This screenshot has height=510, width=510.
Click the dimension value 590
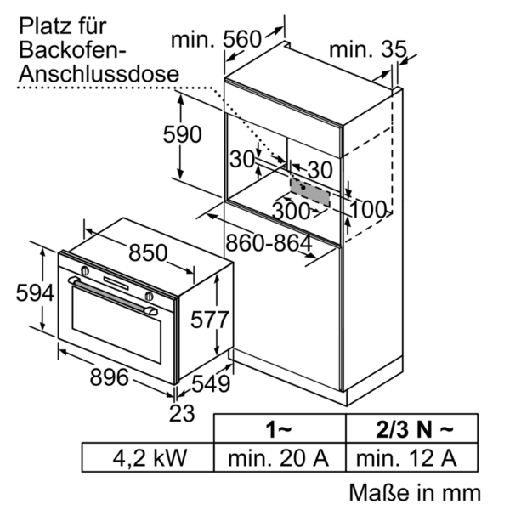[x=183, y=134]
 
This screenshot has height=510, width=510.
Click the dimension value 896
[x=109, y=377]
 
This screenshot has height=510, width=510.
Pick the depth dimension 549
[x=211, y=384]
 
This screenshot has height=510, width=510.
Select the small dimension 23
[x=183, y=414]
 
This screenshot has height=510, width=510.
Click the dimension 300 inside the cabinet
[x=292, y=209]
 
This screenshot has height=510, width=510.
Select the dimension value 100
[x=367, y=208]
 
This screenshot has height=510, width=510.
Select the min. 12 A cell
[x=407, y=458]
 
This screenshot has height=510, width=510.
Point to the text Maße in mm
[x=414, y=492]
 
